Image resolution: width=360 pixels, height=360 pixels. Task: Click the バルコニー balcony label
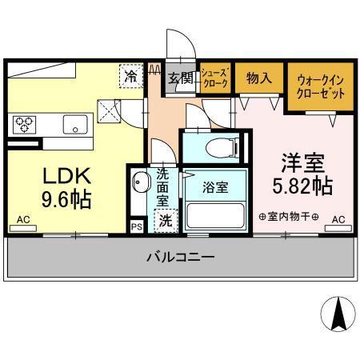point(179,258)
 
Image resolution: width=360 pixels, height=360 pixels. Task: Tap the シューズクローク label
point(214,78)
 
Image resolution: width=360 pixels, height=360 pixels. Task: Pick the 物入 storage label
point(257,78)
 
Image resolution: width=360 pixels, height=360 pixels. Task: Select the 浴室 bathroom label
point(214,189)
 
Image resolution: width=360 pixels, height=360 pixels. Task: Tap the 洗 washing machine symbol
point(163,220)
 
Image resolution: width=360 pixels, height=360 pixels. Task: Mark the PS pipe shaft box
point(136,226)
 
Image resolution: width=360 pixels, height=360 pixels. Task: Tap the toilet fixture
point(218,147)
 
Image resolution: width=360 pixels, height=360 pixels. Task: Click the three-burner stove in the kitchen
point(24,124)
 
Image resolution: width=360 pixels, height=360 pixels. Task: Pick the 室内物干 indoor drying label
point(288,218)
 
